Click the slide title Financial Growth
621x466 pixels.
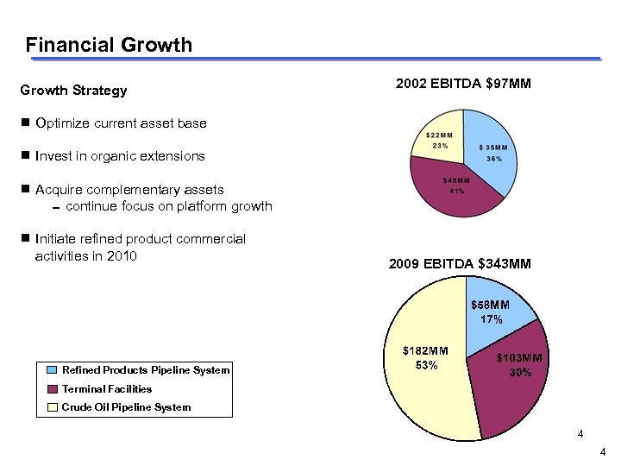pyautogui.click(x=109, y=44)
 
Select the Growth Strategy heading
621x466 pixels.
pyautogui.click(x=73, y=91)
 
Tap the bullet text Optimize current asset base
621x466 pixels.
pyautogui.click(x=121, y=123)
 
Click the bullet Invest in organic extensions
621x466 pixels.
pyautogui.click(x=120, y=156)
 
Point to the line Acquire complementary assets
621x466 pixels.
pyautogui.click(x=129, y=189)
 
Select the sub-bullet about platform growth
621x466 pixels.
pyautogui.click(x=168, y=206)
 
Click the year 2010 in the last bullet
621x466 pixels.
pyautogui.click(x=120, y=255)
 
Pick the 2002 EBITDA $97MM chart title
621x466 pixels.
pyautogui.click(x=463, y=84)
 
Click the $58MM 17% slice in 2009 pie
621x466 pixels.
pyautogui.click(x=490, y=312)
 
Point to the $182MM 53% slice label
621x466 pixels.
pyautogui.click(x=426, y=358)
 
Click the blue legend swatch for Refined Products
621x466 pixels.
pyautogui.click(x=53, y=370)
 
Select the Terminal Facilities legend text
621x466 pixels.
pyautogui.click(x=107, y=389)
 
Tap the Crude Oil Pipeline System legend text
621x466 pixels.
pyautogui.click(x=126, y=407)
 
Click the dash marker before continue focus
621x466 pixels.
pyautogui.click(x=54, y=208)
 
